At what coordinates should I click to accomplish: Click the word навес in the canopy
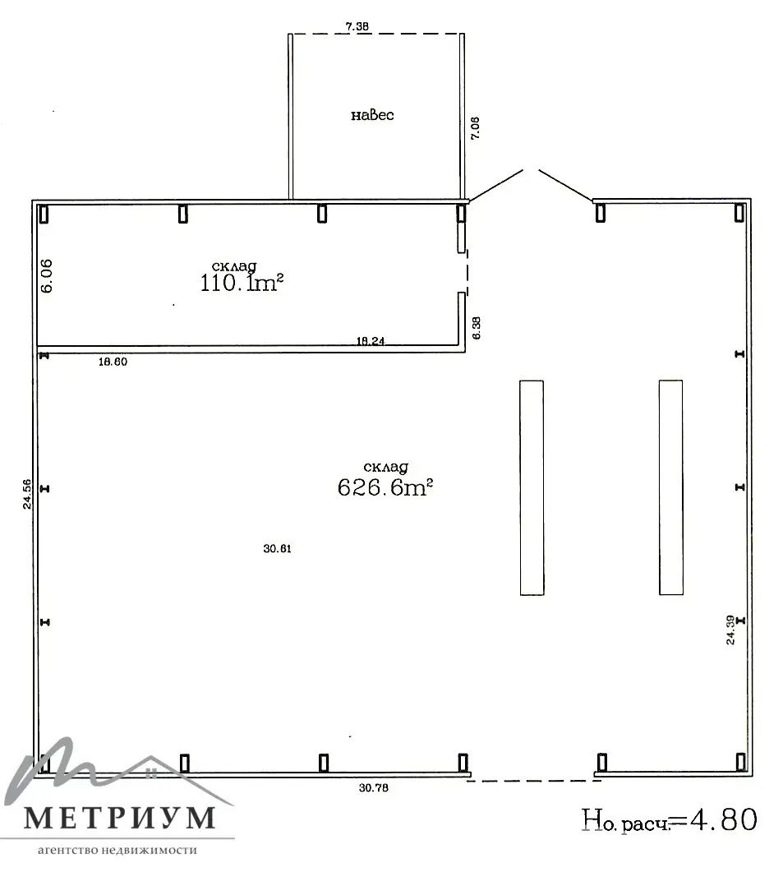click(372, 115)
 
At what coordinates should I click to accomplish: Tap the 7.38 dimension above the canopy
click(357, 26)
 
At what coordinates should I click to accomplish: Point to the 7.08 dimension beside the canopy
click(475, 128)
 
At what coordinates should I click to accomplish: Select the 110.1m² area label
click(242, 283)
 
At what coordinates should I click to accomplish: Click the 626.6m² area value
click(385, 487)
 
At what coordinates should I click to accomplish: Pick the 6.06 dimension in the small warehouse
click(47, 276)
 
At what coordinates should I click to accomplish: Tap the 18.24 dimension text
click(371, 341)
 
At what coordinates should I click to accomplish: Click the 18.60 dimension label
click(113, 362)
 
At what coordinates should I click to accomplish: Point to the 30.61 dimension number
click(277, 548)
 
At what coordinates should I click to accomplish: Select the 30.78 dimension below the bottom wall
click(374, 787)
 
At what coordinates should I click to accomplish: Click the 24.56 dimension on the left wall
click(26, 495)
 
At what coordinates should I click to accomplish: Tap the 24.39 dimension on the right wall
click(730, 630)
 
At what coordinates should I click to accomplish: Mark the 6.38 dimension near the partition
click(476, 328)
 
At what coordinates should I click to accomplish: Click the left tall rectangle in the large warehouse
click(532, 487)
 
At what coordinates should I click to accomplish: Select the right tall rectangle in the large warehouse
click(670, 487)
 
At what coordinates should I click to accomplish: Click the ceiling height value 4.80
click(724, 819)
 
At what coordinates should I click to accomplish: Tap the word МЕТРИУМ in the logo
click(120, 818)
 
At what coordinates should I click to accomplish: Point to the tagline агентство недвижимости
click(117, 851)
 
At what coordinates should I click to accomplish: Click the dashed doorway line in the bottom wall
click(533, 781)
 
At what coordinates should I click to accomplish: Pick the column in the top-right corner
click(739, 213)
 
